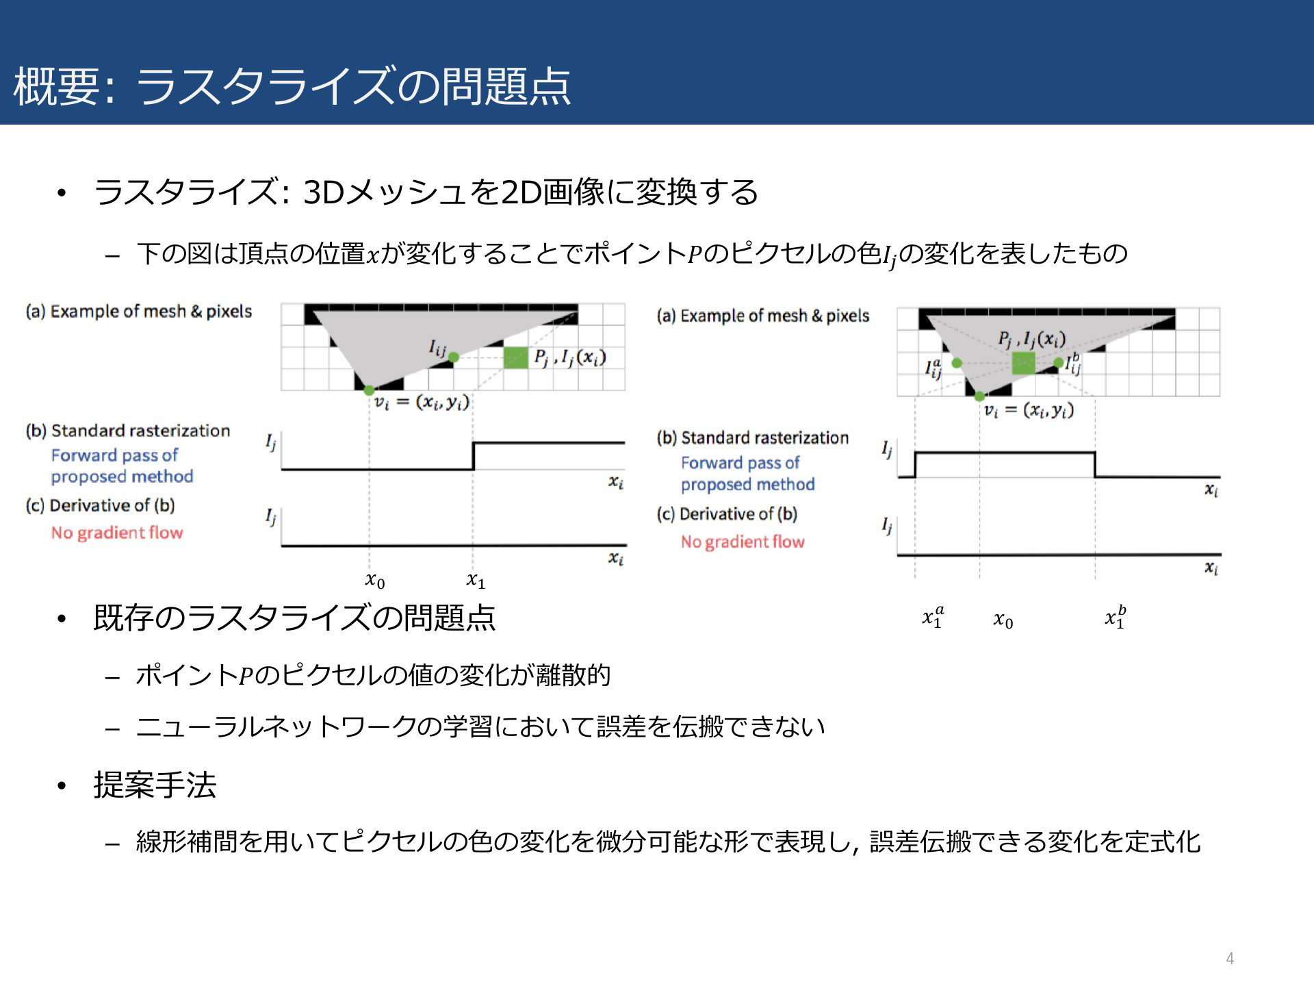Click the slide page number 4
pyautogui.click(x=1230, y=959)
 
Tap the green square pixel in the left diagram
pyautogui.click(x=515, y=357)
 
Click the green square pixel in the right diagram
pyautogui.click(x=1023, y=363)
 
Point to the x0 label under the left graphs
pyautogui.click(x=375, y=581)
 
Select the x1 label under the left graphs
pyautogui.click(x=476, y=581)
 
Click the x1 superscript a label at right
pyautogui.click(x=933, y=617)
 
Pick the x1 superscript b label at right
pyautogui.click(x=1116, y=617)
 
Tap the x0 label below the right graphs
pyautogui.click(x=1003, y=620)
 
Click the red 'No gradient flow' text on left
pyautogui.click(x=117, y=533)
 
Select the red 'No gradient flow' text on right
pyautogui.click(x=743, y=542)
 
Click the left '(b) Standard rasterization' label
pyautogui.click(x=128, y=431)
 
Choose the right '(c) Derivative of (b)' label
pyautogui.click(x=727, y=514)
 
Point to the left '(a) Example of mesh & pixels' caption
pyautogui.click(x=139, y=312)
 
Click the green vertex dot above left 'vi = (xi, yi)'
pyautogui.click(x=369, y=390)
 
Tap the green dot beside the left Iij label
pyautogui.click(x=453, y=357)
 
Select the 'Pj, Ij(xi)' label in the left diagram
pyautogui.click(x=570, y=357)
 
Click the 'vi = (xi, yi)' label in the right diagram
pyautogui.click(x=1029, y=411)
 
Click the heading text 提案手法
pyautogui.click(x=155, y=785)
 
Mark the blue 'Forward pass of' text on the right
pyautogui.click(x=740, y=463)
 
